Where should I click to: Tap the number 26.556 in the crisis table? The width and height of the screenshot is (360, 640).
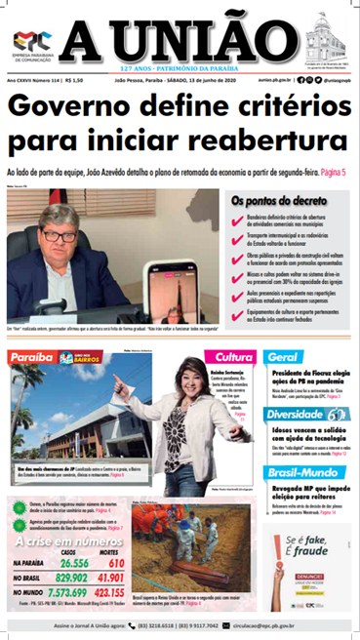[74, 563]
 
